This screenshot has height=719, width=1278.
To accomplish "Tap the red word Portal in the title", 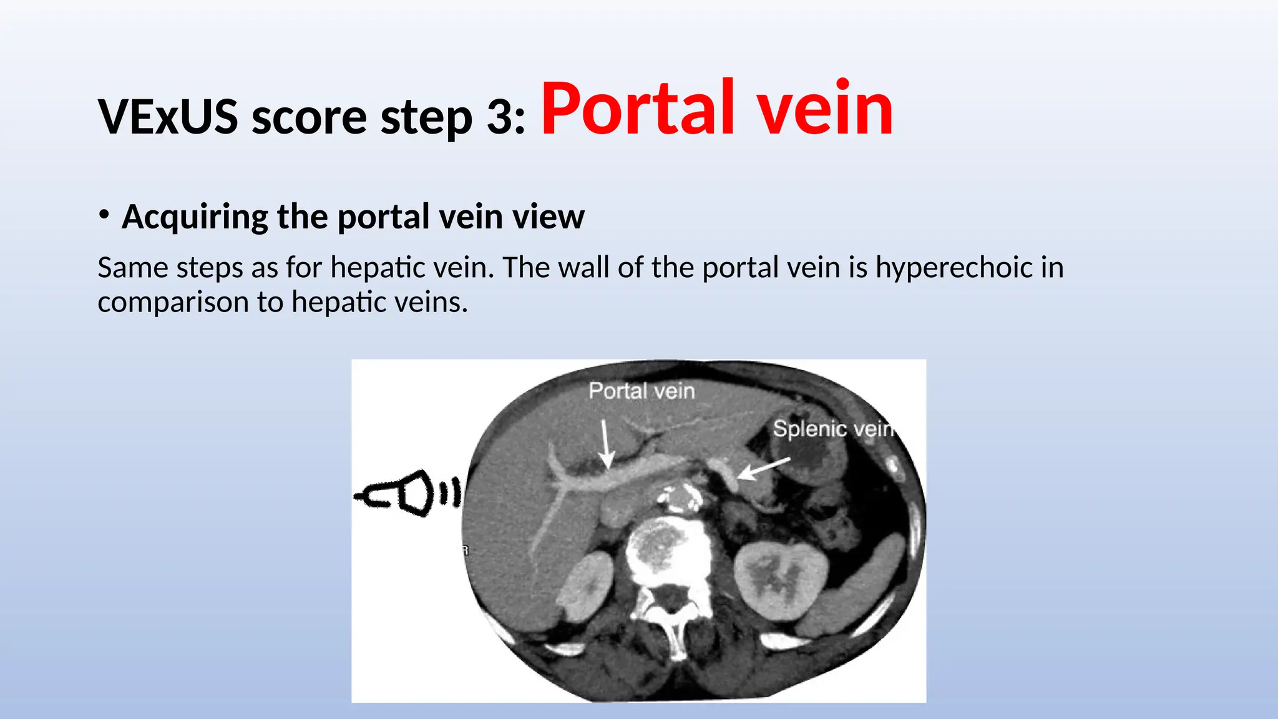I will (637, 109).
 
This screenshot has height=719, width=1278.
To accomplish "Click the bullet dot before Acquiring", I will (104, 215).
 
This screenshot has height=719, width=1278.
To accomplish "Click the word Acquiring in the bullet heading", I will (194, 217).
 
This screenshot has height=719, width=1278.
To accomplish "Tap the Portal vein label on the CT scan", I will (641, 391).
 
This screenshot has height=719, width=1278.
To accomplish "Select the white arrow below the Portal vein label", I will (605, 444).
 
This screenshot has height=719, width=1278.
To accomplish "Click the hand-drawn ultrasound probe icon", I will (409, 493).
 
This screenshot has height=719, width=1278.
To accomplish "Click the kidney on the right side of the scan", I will (780, 580).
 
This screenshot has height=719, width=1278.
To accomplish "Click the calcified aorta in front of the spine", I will (681, 499).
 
